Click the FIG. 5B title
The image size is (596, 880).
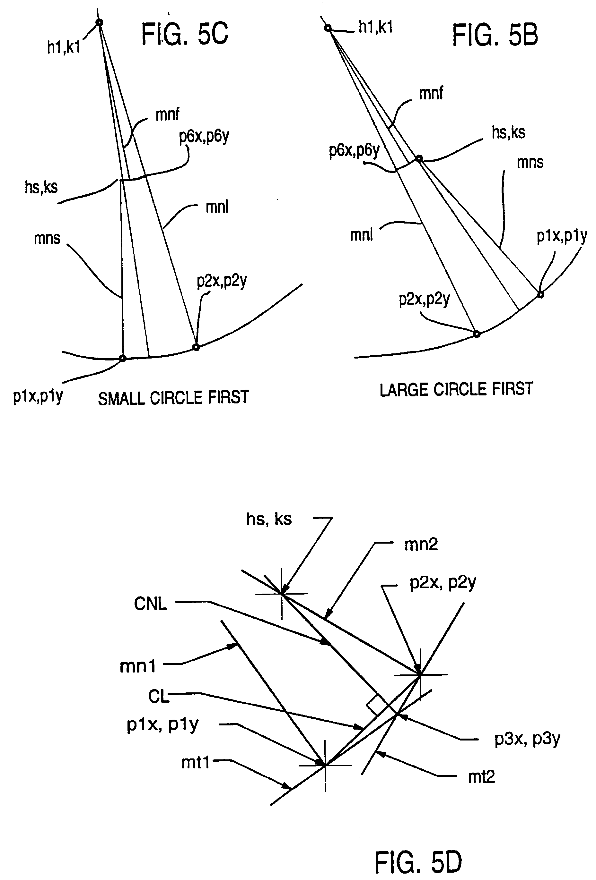click(x=495, y=35)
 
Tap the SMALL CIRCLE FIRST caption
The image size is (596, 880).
click(x=173, y=398)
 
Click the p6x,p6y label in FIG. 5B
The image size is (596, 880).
click(x=354, y=150)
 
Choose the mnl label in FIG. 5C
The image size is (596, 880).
click(x=217, y=207)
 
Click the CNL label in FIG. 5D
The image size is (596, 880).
click(x=150, y=604)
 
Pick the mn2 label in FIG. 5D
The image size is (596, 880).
click(x=421, y=545)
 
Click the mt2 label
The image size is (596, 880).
click(x=481, y=777)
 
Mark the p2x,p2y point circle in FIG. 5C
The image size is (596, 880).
click(x=196, y=347)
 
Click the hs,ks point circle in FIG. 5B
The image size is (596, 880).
click(x=418, y=159)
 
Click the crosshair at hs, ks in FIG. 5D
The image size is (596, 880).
click(x=282, y=594)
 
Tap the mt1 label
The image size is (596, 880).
click(x=195, y=762)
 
